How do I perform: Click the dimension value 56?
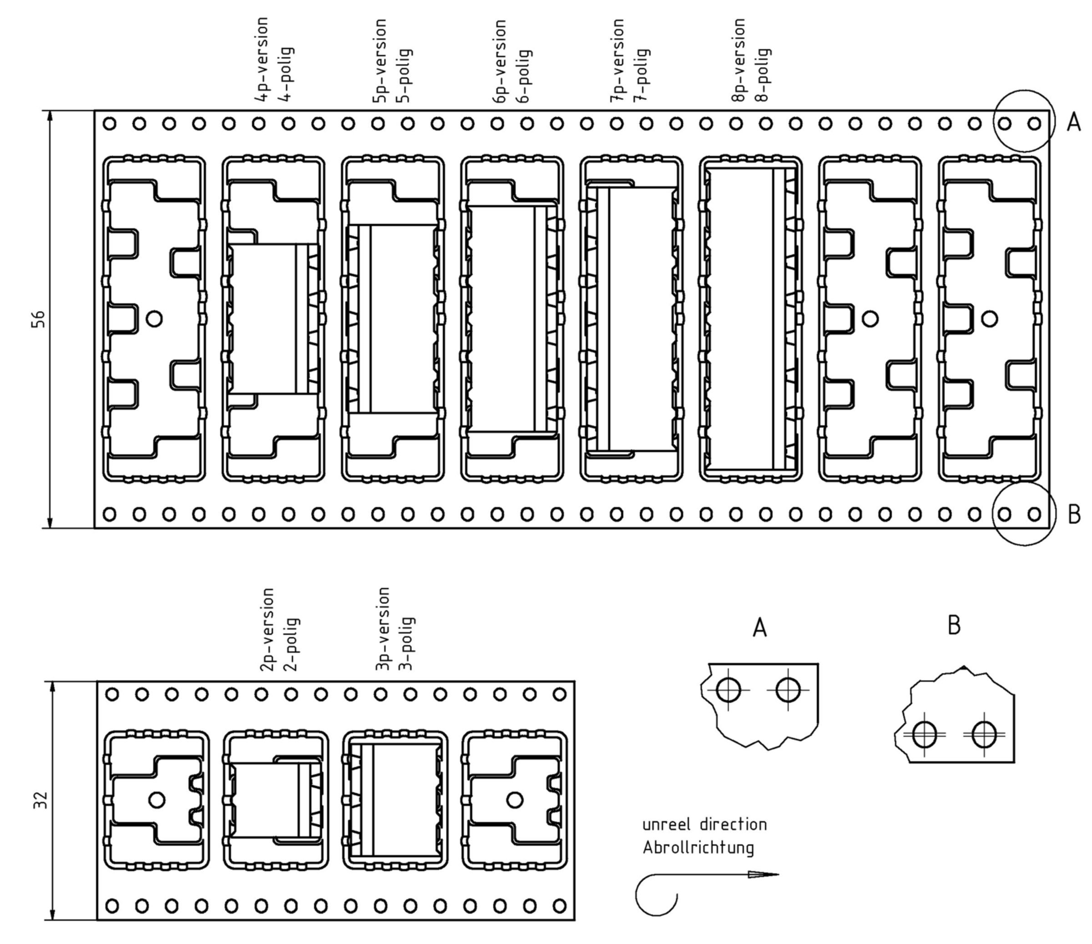(39, 319)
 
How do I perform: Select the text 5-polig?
(406, 76)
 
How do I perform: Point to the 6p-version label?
(500, 61)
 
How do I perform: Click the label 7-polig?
(643, 75)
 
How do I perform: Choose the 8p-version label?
(738, 60)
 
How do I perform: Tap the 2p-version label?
(268, 629)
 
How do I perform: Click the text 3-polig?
(407, 644)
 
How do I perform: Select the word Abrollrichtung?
(698, 848)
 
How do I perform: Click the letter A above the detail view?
(759, 628)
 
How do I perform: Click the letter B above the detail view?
(954, 626)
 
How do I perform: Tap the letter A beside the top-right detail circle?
(1073, 122)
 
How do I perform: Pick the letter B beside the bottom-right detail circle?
(1073, 514)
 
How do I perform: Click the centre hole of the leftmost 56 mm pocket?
(154, 318)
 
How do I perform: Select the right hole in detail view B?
(984, 734)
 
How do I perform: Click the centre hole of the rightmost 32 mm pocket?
(515, 800)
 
